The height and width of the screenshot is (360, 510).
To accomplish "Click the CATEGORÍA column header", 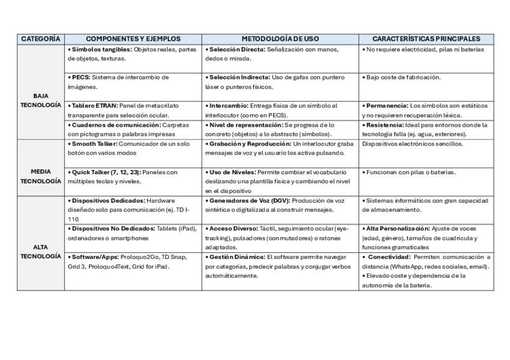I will (41, 39).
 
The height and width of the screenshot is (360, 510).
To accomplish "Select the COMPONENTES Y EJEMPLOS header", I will (134, 39).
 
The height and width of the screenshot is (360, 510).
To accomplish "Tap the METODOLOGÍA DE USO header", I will (280, 39).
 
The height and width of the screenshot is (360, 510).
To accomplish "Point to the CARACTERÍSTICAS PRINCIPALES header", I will (426, 39).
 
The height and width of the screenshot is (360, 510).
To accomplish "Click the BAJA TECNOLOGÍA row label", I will (41, 100).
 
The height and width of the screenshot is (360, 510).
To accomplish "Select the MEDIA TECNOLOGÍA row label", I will (41, 176).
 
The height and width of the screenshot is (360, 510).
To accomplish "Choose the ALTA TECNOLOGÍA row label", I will (41, 251).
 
